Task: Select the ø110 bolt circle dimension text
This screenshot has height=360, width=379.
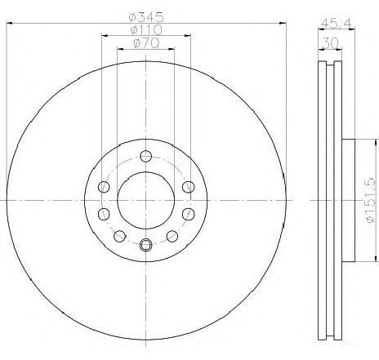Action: click(x=146, y=32)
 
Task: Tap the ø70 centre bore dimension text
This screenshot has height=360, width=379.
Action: click(x=145, y=46)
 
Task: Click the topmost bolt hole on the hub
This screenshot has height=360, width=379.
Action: click(x=145, y=157)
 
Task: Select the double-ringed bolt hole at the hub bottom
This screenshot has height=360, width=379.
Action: click(x=145, y=243)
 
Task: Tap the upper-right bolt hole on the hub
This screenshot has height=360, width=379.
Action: click(x=187, y=187)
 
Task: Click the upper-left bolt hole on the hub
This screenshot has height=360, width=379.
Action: click(x=104, y=188)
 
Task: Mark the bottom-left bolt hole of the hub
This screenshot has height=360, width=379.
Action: click(x=120, y=237)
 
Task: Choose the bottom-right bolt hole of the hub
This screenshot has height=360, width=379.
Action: click(x=172, y=237)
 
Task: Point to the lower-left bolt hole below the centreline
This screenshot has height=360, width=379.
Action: click(x=104, y=214)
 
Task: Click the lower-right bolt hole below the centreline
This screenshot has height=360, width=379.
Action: click(x=187, y=214)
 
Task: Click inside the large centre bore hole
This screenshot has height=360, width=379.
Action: click(x=145, y=200)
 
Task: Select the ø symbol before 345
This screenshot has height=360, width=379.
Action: click(x=134, y=17)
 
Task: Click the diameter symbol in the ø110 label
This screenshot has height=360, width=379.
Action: click(x=134, y=32)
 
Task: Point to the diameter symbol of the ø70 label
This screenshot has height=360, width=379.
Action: click(x=136, y=46)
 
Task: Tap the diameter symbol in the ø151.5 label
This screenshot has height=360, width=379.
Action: click(x=369, y=219)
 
